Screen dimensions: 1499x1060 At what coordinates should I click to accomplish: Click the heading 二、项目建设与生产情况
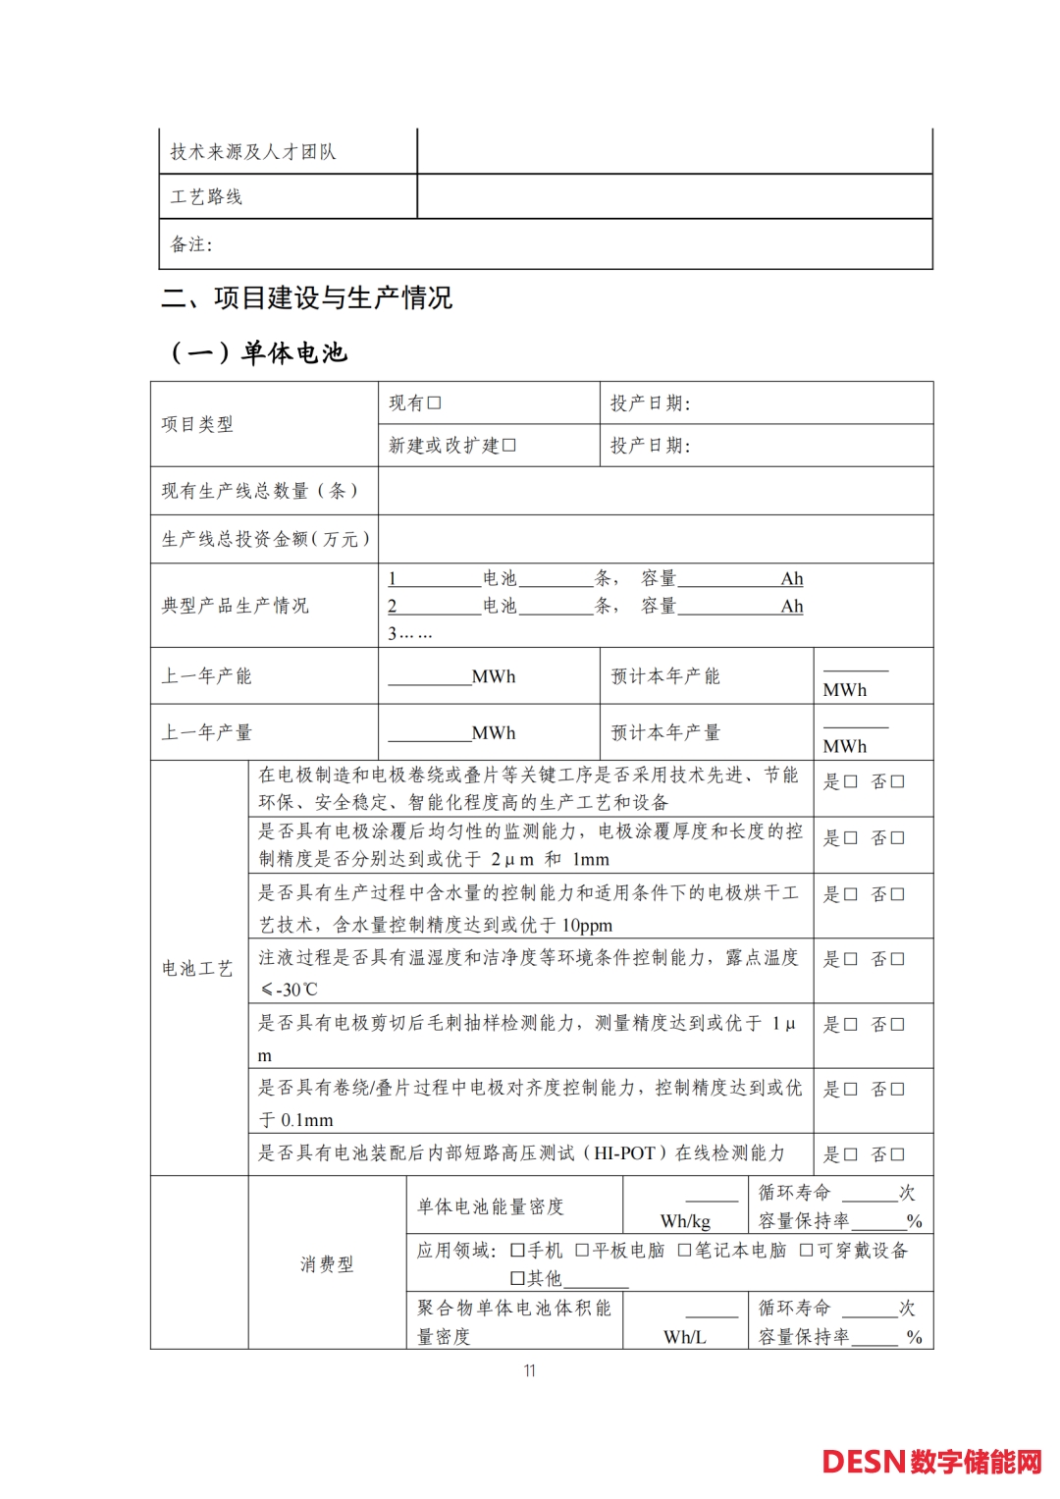tap(307, 297)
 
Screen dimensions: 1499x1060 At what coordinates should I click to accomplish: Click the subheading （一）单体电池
tap(259, 352)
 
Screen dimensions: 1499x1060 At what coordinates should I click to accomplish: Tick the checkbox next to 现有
tap(435, 403)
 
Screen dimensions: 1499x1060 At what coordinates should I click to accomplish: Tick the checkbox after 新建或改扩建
tap(509, 446)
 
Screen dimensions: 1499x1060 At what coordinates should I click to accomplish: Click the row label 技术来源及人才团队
tap(253, 152)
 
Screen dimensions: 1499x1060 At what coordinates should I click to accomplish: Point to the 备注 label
tap(191, 244)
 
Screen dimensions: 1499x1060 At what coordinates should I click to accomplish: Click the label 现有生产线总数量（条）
tap(260, 491)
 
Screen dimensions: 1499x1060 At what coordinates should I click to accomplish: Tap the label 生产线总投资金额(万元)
tap(266, 539)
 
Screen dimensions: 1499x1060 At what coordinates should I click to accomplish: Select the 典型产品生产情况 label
tap(236, 606)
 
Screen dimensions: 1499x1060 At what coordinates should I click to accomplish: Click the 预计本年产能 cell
tap(665, 676)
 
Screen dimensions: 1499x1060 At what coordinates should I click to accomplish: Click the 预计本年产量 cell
tap(665, 732)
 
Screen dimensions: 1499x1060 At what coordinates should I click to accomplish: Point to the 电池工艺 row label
tap(197, 969)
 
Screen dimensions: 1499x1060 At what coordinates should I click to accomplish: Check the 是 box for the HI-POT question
tap(851, 1154)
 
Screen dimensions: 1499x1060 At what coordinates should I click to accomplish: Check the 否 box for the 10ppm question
tap(897, 894)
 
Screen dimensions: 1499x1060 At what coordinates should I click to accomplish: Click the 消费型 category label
tap(327, 1264)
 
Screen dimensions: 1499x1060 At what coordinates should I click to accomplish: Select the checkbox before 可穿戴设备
tap(807, 1251)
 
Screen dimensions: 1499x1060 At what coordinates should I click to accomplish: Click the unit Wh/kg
tap(685, 1221)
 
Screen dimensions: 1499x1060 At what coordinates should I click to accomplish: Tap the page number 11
tap(530, 1370)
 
